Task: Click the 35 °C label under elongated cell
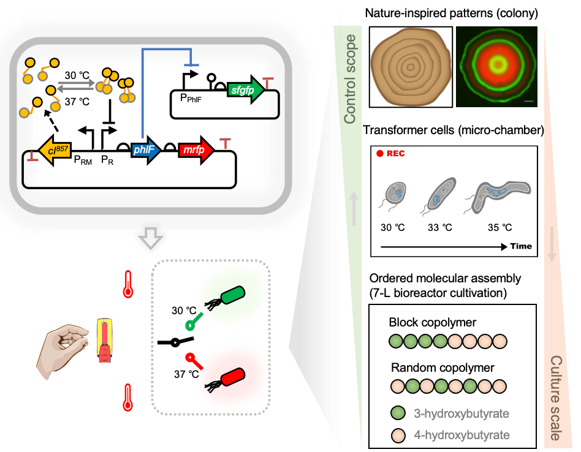(499, 227)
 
